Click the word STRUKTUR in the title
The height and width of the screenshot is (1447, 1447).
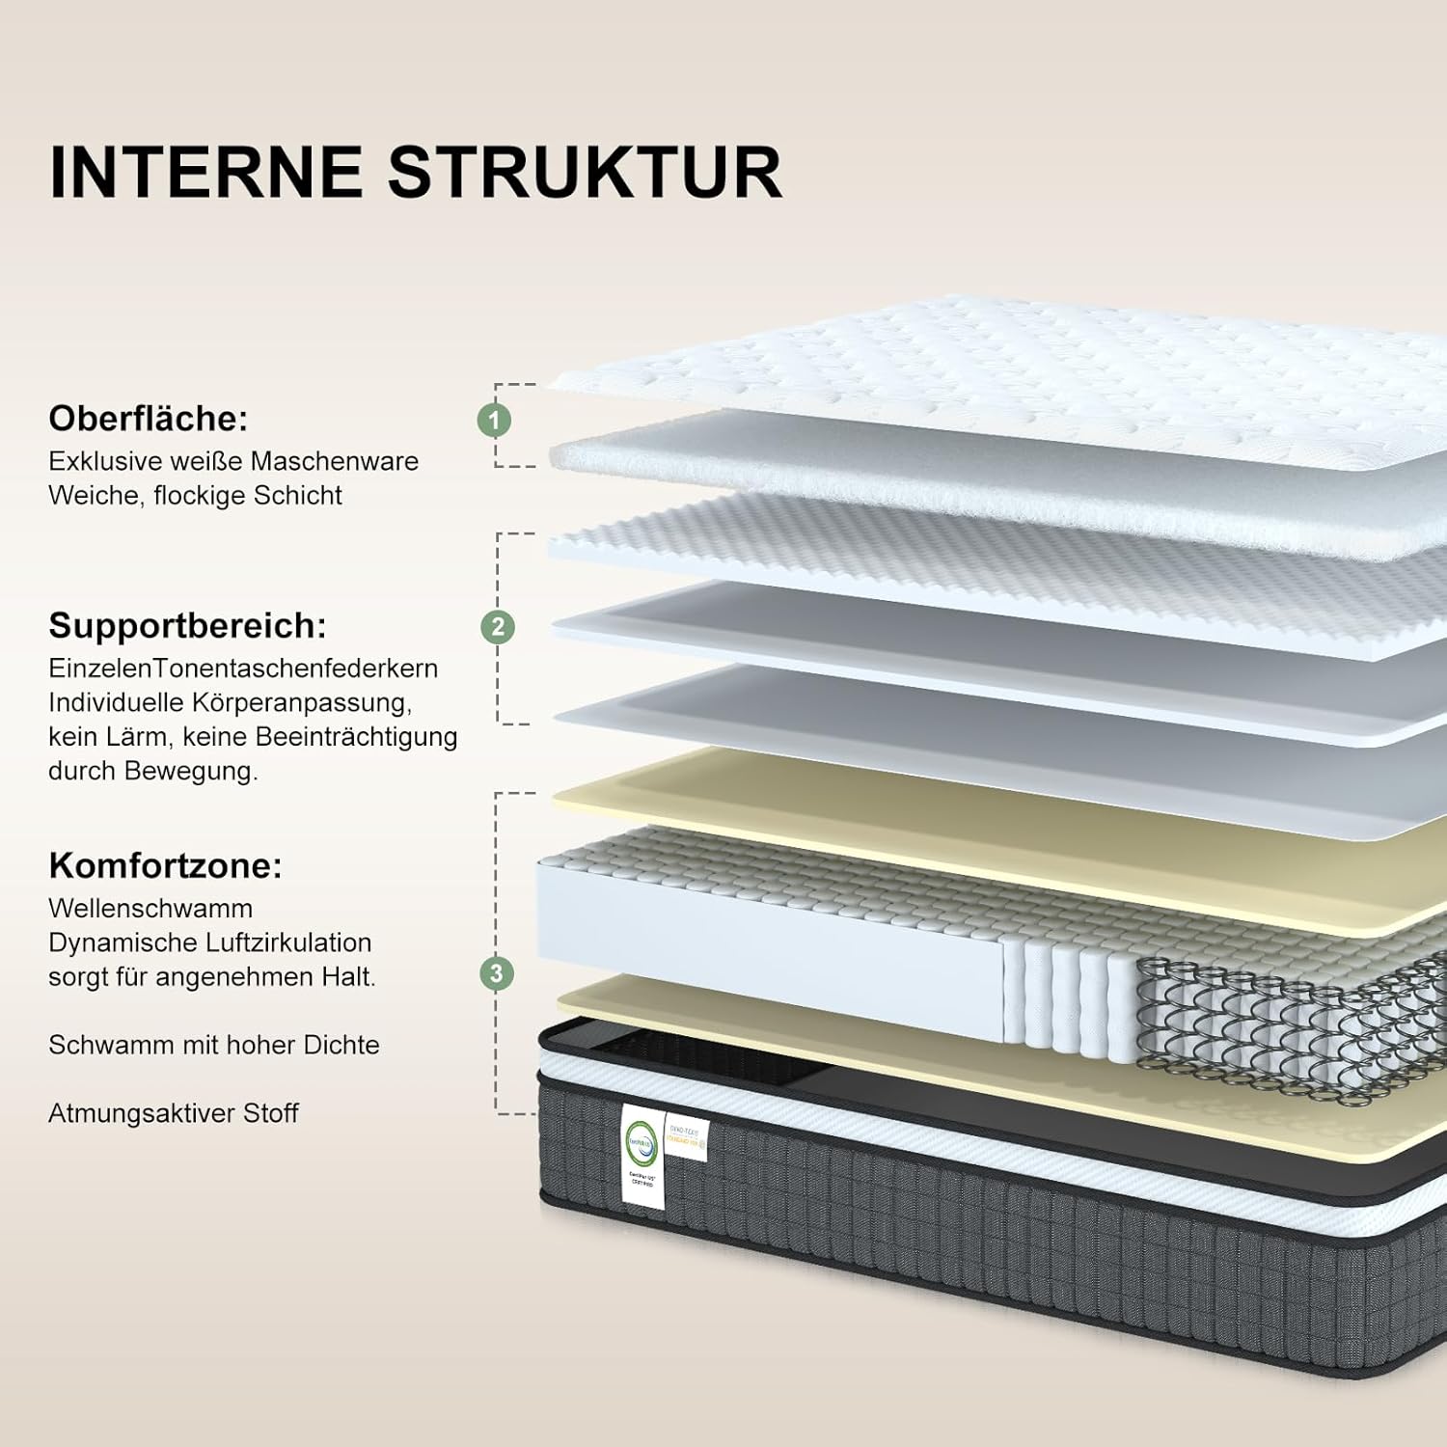tap(585, 174)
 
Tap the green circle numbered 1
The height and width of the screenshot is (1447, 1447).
tap(495, 420)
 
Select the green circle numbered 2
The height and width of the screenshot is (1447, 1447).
tap(498, 627)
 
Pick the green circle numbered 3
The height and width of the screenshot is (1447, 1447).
tap(497, 973)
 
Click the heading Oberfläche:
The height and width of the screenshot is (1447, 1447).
tap(149, 419)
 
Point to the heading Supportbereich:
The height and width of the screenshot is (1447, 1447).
tap(187, 626)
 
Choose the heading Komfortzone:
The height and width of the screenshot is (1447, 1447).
tap(165, 865)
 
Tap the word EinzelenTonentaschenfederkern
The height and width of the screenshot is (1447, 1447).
tap(243, 669)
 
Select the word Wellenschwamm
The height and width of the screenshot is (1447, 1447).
tap(150, 909)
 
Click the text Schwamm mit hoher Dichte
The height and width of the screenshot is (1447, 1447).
tap(214, 1045)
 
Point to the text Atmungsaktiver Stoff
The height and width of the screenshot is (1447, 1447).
tap(174, 1113)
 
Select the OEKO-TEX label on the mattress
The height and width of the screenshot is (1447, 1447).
tap(686, 1138)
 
